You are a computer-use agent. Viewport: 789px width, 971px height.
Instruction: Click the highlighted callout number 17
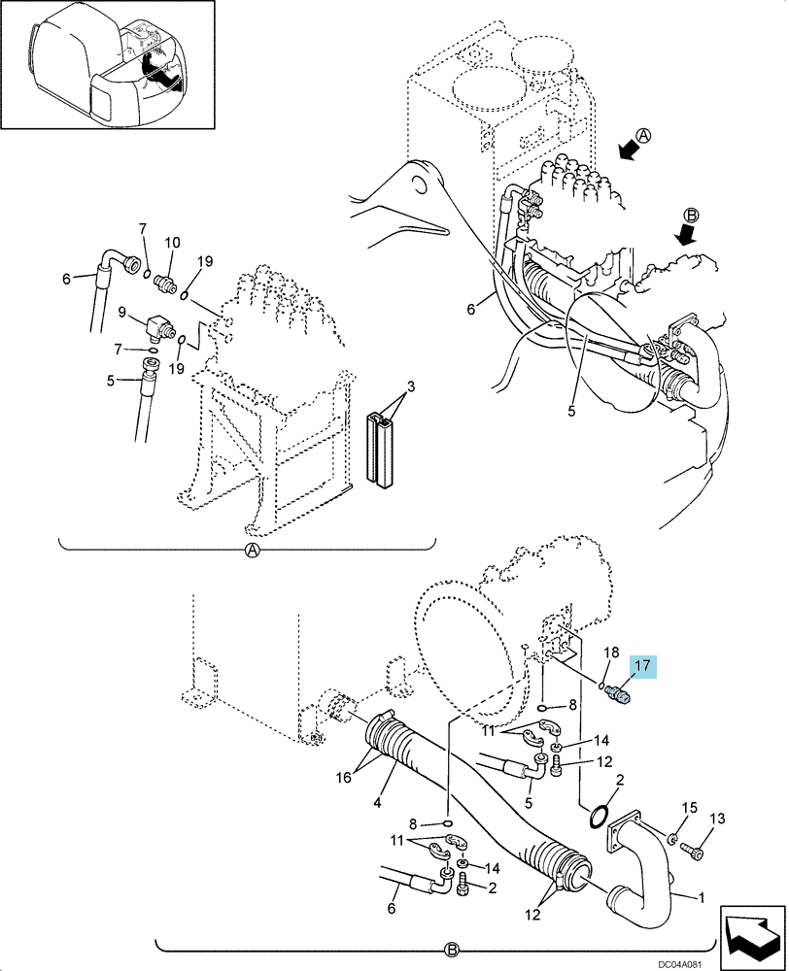(642, 666)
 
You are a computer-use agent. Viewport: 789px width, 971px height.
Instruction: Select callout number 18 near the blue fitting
(611, 652)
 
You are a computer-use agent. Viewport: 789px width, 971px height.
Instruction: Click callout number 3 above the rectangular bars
(411, 387)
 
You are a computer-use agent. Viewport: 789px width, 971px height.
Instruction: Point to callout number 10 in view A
(172, 242)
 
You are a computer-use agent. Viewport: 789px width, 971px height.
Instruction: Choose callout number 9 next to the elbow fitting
(122, 311)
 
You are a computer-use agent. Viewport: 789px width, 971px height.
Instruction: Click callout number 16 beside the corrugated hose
(343, 777)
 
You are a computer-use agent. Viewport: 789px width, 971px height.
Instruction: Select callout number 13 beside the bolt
(717, 820)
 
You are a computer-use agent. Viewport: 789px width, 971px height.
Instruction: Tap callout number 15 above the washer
(689, 808)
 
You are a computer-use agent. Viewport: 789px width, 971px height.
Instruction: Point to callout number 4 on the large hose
(376, 804)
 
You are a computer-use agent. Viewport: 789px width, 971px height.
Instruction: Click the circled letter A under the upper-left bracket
(252, 550)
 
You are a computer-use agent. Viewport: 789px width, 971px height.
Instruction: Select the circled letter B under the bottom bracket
(451, 950)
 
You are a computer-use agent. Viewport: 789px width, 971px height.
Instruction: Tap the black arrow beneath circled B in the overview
(684, 235)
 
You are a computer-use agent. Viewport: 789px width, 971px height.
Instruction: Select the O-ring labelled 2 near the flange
(597, 817)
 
